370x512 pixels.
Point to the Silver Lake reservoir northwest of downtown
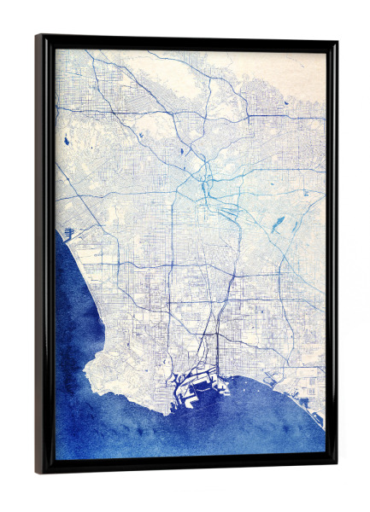[182, 151]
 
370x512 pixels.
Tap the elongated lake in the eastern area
[275, 225]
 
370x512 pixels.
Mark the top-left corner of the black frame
[38, 37]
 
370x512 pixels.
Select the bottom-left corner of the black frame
[38, 471]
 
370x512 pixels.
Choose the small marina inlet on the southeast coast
[306, 401]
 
